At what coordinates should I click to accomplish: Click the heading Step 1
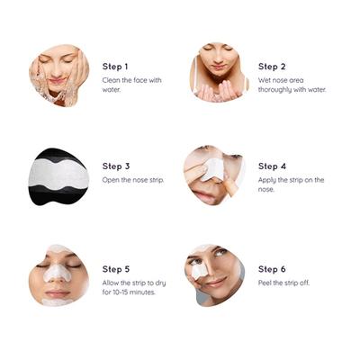(x=116, y=67)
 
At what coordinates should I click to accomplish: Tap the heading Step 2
(x=272, y=67)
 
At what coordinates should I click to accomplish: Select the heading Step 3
(x=116, y=166)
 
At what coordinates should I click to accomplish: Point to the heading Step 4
(x=273, y=166)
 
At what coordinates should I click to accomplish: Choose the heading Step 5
(x=116, y=269)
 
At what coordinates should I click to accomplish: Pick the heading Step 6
(x=273, y=269)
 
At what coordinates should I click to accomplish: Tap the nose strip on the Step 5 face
(x=56, y=271)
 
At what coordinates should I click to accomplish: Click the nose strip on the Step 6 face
(x=200, y=270)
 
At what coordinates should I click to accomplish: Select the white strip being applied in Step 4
(x=214, y=168)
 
